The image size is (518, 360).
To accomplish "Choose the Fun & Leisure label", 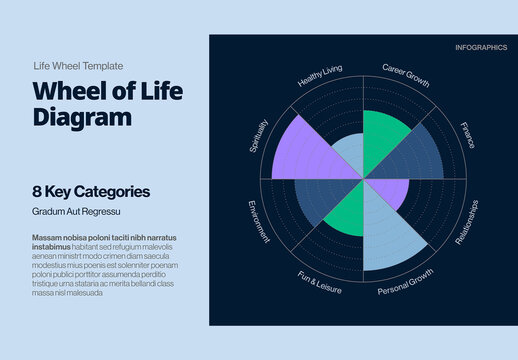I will (319, 282).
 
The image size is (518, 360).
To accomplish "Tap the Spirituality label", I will (259, 136).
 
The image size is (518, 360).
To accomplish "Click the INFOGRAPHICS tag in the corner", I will (481, 48).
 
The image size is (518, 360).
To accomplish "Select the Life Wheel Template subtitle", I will (76, 65).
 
